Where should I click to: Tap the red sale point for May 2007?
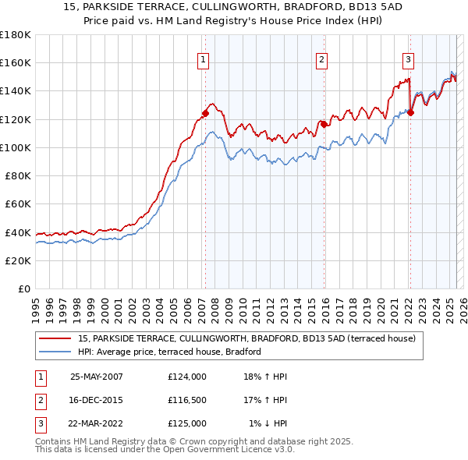[206, 113]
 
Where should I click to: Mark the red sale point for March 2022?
[410, 111]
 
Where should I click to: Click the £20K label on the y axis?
[19, 260]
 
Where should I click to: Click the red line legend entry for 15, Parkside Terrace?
[246, 338]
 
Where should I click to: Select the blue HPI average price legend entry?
[168, 352]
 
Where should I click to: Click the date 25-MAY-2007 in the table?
[97, 377]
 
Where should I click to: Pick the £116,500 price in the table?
[187, 400]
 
